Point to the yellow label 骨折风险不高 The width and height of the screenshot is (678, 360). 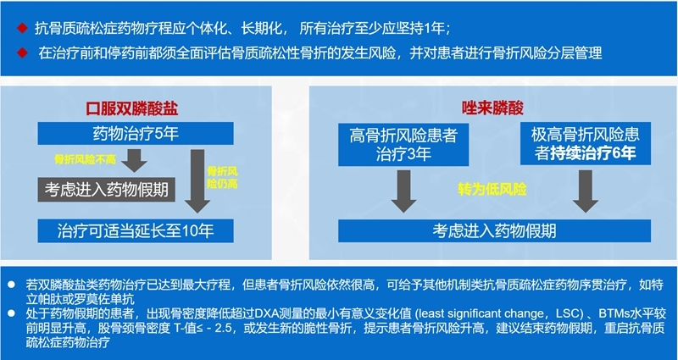[80, 158]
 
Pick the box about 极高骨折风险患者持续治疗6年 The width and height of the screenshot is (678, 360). [585, 144]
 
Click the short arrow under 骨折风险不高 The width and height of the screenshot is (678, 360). [133, 160]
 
